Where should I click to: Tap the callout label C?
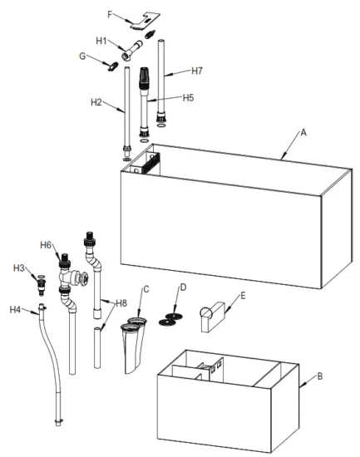[x=145, y=288]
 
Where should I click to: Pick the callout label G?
[x=82, y=57]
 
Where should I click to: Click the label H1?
[x=101, y=40]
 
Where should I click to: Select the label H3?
[x=18, y=268]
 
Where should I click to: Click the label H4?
[x=15, y=309]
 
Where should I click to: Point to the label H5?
[x=188, y=97]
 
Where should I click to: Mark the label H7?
[x=196, y=71]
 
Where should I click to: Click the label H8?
[x=121, y=302]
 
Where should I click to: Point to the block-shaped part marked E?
[x=215, y=318]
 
